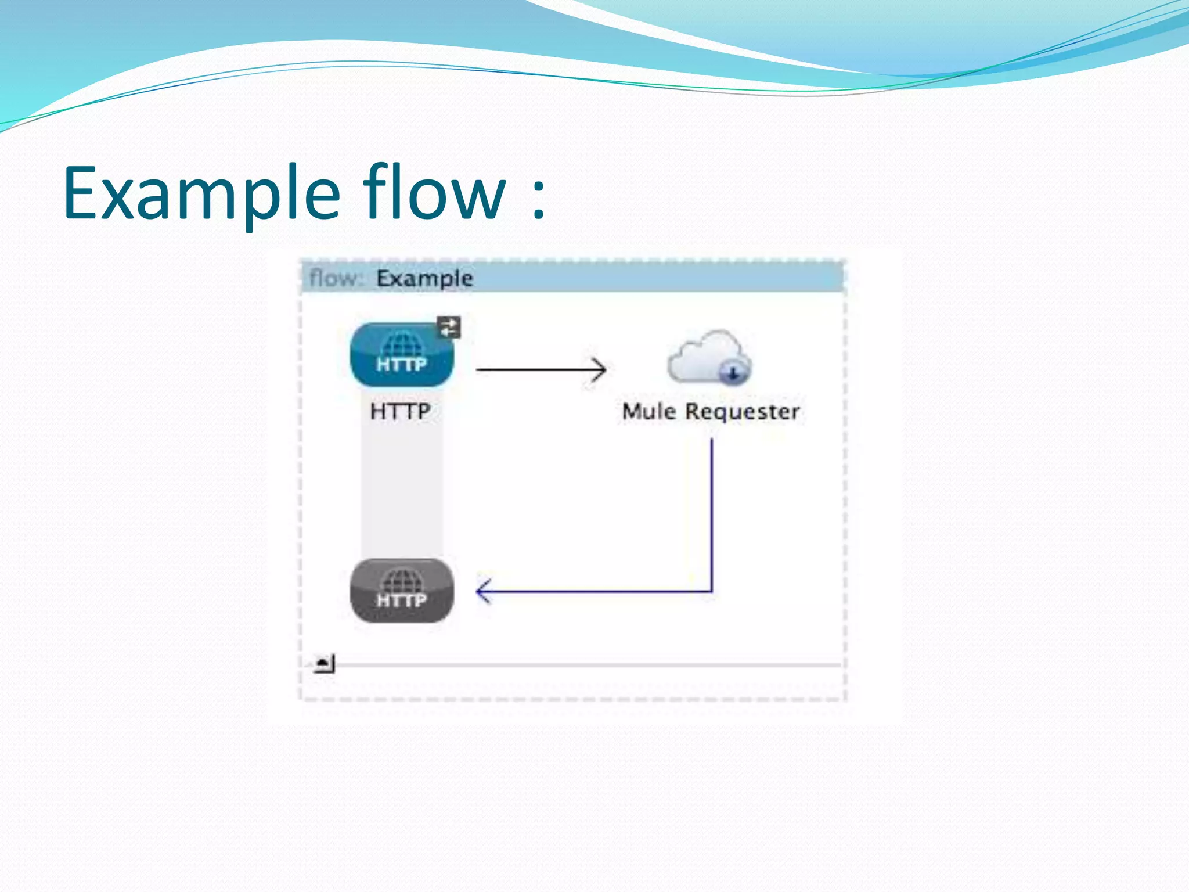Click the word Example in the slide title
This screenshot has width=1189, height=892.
[x=201, y=195]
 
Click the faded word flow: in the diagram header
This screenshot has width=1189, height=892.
[x=336, y=278]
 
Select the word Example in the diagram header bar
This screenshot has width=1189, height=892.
[x=424, y=278]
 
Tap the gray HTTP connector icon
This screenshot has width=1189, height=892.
[x=401, y=591]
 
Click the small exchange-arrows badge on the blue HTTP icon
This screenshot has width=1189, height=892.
[x=449, y=327]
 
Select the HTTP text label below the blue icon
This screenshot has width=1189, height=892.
[x=400, y=411]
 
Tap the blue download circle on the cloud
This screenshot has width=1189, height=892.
[x=733, y=372]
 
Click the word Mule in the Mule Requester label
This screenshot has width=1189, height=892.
[x=648, y=411]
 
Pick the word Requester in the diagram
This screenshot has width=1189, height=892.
[x=743, y=412]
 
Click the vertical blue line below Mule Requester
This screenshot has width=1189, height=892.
[x=712, y=511]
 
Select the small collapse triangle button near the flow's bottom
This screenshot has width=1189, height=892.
[x=323, y=663]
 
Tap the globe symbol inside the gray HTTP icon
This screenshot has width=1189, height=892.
[x=401, y=580]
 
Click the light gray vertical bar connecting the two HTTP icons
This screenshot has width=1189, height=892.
[x=402, y=494]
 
